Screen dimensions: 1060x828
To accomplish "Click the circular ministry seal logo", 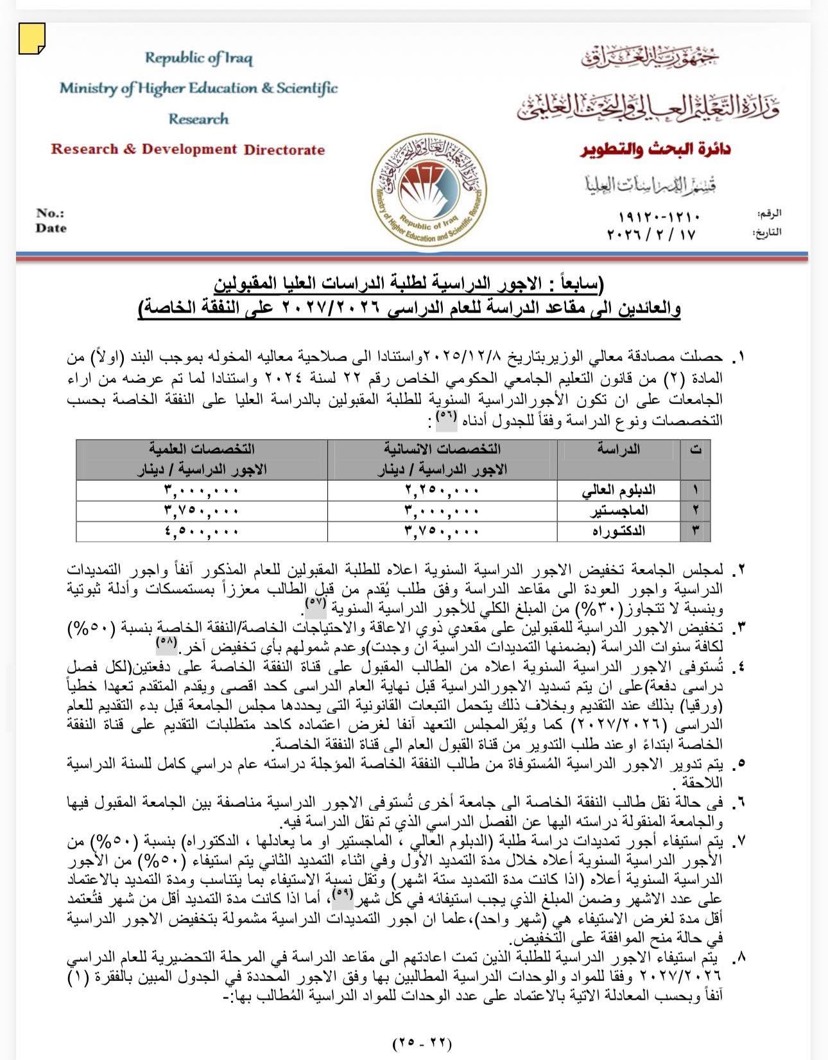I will click(429, 190).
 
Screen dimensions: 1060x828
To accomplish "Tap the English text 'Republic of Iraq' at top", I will click(198, 58).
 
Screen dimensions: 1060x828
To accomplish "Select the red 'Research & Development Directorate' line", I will click(188, 150).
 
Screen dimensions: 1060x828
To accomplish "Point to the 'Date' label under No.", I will click(51, 228).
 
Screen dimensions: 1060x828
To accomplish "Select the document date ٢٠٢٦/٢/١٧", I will click(651, 234).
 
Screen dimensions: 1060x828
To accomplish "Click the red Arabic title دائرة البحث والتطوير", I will click(655, 150).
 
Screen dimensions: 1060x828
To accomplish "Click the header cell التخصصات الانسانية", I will click(442, 449).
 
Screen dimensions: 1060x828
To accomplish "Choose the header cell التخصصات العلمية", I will click(202, 449).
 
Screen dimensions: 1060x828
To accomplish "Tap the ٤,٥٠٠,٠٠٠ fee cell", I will click(202, 531).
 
